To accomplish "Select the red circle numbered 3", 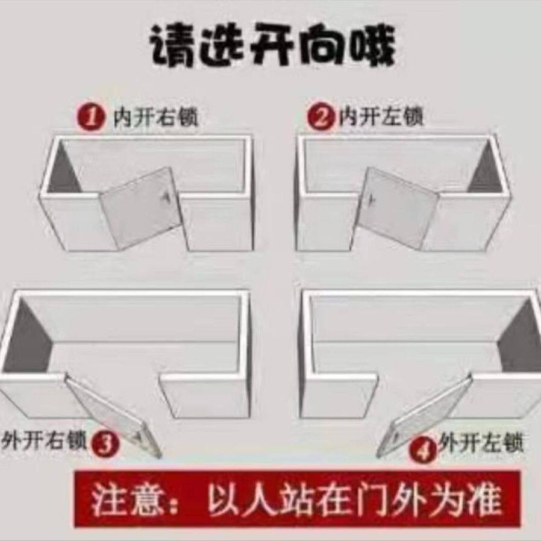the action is tap(106, 445).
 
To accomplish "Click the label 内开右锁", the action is tap(155, 117).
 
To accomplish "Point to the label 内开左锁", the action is tap(381, 116).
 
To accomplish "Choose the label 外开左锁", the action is tap(480, 444).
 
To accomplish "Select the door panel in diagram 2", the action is tap(400, 207).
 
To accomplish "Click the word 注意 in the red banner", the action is tap(126, 500).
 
